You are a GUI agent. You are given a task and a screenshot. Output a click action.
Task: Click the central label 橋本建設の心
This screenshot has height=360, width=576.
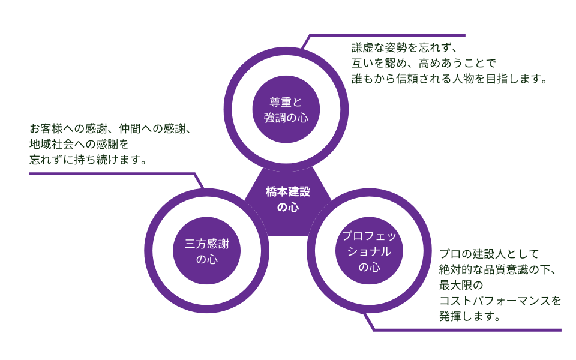pos(288,200)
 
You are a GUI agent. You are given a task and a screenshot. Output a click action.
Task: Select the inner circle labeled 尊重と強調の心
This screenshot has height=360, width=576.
pos(286,108)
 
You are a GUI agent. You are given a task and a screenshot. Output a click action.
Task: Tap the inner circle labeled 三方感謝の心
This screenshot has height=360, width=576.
pos(207,251)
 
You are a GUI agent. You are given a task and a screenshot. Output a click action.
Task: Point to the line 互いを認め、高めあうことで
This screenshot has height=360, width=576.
pos(424,63)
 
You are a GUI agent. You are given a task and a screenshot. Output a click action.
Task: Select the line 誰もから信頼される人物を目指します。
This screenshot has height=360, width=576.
pos(449,78)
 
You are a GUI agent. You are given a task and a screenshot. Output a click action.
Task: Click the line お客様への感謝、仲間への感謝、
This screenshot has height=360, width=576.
pos(110,129)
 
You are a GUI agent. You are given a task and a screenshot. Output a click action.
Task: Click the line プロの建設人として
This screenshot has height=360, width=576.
pos(490,253)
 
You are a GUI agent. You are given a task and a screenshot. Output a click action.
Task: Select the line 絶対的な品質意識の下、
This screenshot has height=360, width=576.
pos(500,269)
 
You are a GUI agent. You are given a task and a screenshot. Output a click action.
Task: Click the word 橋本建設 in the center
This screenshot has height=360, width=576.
pos(288,192)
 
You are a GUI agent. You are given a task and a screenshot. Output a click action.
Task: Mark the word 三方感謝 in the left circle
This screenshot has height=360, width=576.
pos(207,244)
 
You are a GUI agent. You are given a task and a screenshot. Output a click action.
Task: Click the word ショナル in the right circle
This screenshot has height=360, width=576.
pos(369,251)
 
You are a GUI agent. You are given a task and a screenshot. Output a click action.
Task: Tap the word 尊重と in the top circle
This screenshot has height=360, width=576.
pos(286,100)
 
